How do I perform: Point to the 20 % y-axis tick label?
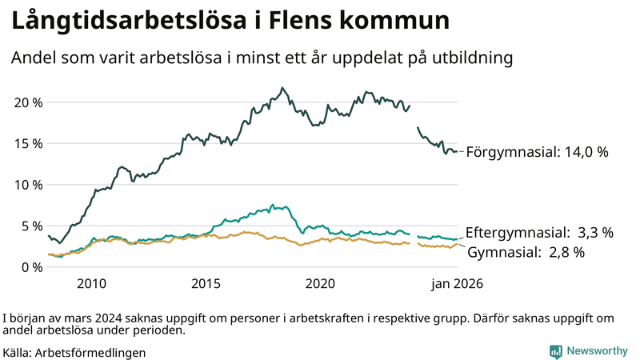tap(27, 102)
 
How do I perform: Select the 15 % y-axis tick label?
tap(27, 143)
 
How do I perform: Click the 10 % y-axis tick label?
tap(27, 184)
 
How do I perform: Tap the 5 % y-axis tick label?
tap(30, 226)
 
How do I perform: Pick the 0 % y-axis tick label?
tap(30, 266)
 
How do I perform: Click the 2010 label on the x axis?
tap(91, 284)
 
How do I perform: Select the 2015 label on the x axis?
tap(206, 284)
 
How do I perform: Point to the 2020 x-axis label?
tap(321, 284)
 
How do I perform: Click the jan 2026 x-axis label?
tap(458, 284)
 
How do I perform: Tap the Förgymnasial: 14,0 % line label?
tap(537, 151)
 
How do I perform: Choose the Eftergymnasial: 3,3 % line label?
tap(539, 233)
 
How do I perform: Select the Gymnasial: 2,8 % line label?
tap(526, 253)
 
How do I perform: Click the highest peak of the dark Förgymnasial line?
tap(282, 88)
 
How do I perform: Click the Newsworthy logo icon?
tap(555, 350)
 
